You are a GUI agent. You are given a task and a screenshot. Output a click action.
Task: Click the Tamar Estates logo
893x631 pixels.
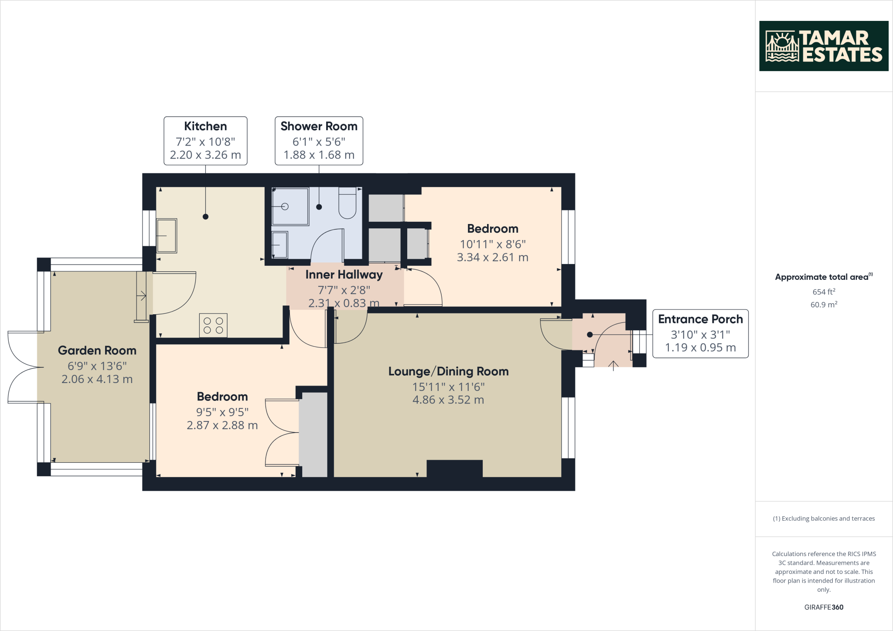pyautogui.click(x=823, y=46)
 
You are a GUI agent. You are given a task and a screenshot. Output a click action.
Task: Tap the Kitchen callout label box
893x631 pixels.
pyautogui.click(x=205, y=140)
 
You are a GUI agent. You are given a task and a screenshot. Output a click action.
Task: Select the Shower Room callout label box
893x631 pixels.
pyautogui.click(x=319, y=140)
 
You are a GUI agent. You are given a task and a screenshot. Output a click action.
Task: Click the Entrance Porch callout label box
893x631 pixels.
pyautogui.click(x=700, y=333)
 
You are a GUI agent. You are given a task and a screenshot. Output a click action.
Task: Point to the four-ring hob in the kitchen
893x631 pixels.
pyautogui.click(x=213, y=326)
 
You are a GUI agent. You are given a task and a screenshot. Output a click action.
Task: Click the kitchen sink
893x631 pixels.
pyautogui.click(x=167, y=236)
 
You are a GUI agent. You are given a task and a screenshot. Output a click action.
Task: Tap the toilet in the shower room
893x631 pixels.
pyautogui.click(x=348, y=204)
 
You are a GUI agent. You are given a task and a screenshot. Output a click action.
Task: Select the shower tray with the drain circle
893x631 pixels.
pyautogui.click(x=290, y=206)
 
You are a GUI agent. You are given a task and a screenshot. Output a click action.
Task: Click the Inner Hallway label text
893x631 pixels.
pyautogui.click(x=344, y=275)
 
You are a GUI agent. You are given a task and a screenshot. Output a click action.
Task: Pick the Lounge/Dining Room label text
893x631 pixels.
pyautogui.click(x=448, y=371)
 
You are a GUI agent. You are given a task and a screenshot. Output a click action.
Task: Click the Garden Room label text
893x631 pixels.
pyautogui.click(x=97, y=350)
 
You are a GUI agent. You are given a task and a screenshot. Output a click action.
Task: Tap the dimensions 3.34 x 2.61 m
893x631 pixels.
pyautogui.click(x=492, y=258)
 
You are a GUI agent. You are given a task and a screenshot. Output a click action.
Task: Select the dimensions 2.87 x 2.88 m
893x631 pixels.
pyautogui.click(x=222, y=425)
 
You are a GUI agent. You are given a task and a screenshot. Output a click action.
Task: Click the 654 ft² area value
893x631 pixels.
pyautogui.click(x=823, y=292)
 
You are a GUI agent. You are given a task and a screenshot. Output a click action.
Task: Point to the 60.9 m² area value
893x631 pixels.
pyautogui.click(x=823, y=305)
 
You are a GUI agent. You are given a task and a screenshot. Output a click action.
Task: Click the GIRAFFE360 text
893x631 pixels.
pyautogui.click(x=823, y=607)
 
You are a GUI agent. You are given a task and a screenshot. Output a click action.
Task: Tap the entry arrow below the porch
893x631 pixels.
pyautogui.click(x=614, y=366)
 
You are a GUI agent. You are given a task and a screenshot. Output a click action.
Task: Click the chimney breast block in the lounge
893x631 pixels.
pyautogui.click(x=454, y=469)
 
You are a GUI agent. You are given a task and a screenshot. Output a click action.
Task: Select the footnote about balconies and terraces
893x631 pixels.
pyautogui.click(x=823, y=519)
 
